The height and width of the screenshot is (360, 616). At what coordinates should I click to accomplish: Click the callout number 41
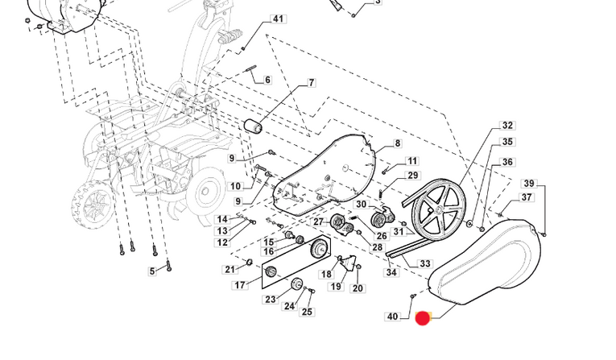pyautogui.click(x=278, y=19)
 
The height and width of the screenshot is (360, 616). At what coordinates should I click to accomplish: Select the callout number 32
pyautogui.click(x=507, y=126)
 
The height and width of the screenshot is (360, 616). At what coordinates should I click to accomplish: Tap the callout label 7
pyautogui.click(x=311, y=83)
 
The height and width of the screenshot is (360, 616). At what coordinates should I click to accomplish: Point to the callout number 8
pyautogui.click(x=397, y=144)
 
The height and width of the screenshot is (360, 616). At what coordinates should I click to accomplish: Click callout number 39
pyautogui.click(x=529, y=184)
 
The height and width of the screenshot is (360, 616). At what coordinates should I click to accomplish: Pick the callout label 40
pyautogui.click(x=392, y=317)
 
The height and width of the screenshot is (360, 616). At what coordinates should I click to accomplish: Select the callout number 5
pyautogui.click(x=152, y=271)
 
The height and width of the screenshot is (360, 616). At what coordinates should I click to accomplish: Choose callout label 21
pyautogui.click(x=229, y=269)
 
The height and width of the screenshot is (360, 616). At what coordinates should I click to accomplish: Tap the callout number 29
pyautogui.click(x=413, y=176)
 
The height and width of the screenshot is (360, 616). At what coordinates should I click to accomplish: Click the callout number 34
pyautogui.click(x=391, y=273)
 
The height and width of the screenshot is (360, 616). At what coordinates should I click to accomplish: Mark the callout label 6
pyautogui.click(x=267, y=81)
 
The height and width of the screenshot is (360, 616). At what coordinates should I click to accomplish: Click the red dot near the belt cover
pyautogui.click(x=422, y=318)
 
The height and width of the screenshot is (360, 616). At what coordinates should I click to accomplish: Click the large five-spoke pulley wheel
pyautogui.click(x=440, y=207)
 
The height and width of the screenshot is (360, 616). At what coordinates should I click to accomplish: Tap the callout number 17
pyautogui.click(x=240, y=285)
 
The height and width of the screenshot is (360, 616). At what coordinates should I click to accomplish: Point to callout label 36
pyautogui.click(x=507, y=163)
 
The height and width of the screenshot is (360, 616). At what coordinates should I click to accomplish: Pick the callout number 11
pyautogui.click(x=412, y=161)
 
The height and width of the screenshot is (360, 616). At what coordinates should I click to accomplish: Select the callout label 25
pyautogui.click(x=307, y=312)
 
